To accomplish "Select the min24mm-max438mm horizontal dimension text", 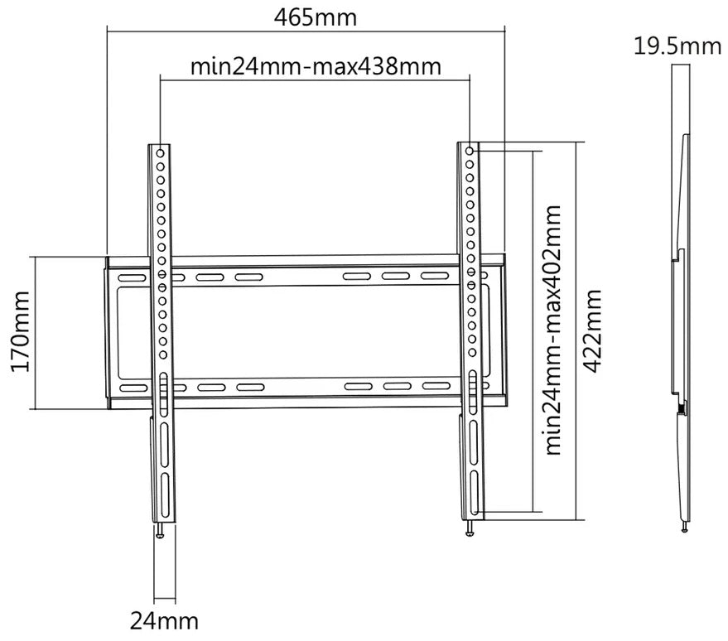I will pyautogui.click(x=316, y=65).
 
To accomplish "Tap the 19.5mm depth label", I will pyautogui.click(x=678, y=46).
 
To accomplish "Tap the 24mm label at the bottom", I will pyautogui.click(x=163, y=619).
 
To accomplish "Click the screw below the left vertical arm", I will pyautogui.click(x=163, y=532).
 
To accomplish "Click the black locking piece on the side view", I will pyautogui.click(x=680, y=408).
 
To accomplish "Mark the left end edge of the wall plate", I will pyautogui.click(x=108, y=331).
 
